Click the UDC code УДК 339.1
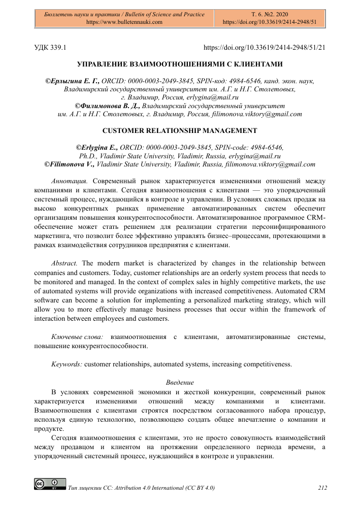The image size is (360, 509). (x=51, y=47)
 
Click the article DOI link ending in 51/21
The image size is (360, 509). (x=264, y=47)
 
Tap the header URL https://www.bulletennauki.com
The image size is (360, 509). (x=124, y=22)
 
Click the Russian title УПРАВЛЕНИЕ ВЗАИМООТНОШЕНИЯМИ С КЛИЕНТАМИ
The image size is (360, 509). (x=180, y=64)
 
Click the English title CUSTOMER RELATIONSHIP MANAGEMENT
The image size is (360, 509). (x=180, y=130)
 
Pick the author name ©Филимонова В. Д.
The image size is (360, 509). (x=107, y=106)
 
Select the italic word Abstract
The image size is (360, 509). (x=65, y=263)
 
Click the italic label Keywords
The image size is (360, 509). (x=67, y=364)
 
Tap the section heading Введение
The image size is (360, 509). (x=180, y=382)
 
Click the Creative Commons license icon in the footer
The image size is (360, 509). (x=50, y=483)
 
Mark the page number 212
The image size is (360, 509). (x=322, y=488)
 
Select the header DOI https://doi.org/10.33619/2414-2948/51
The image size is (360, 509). (x=270, y=22)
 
